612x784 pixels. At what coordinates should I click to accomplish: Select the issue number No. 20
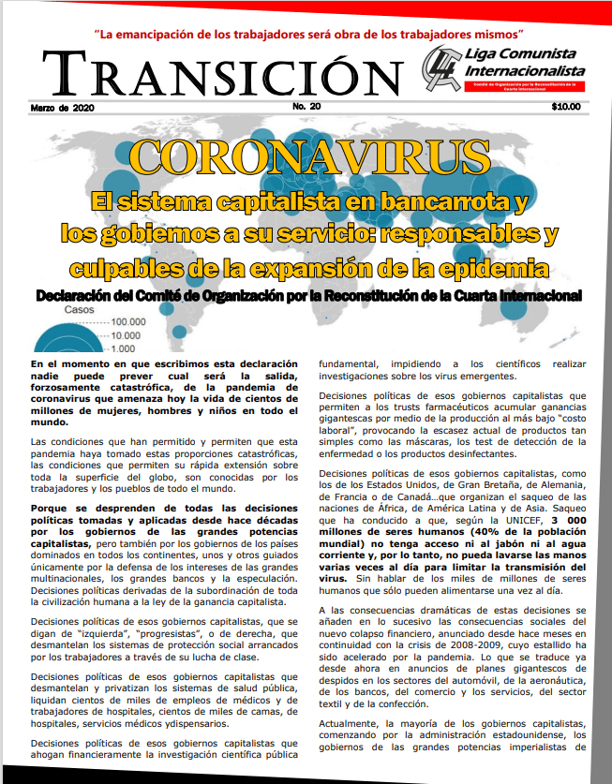(306, 106)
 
